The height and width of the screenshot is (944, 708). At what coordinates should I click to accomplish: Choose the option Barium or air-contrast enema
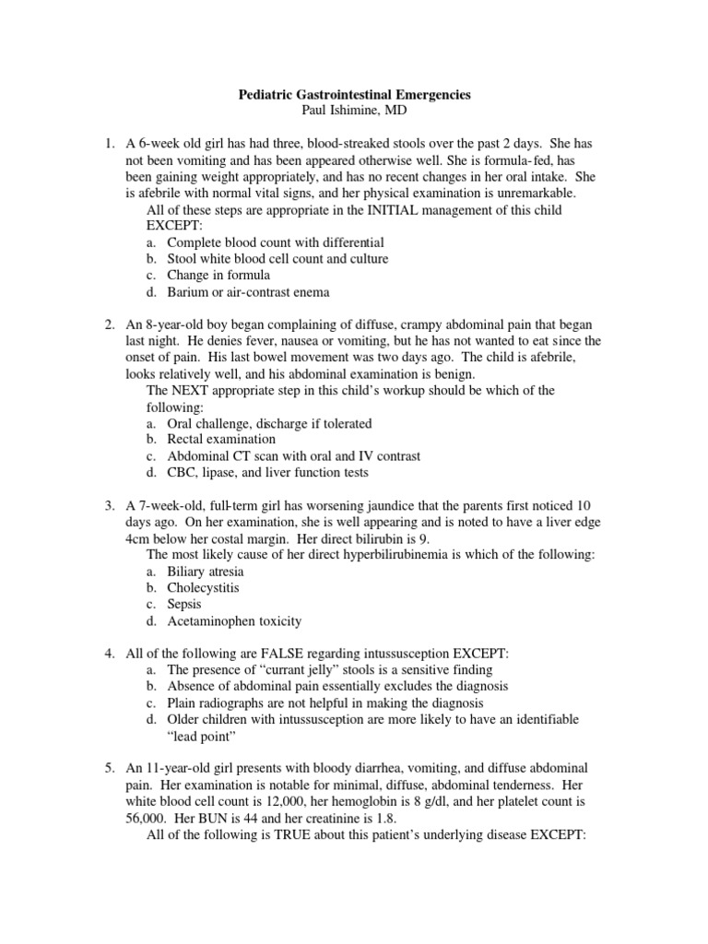click(x=248, y=292)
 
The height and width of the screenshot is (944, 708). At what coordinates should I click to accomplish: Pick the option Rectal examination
click(x=221, y=440)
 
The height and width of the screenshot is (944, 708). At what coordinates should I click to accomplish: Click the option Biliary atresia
click(x=205, y=572)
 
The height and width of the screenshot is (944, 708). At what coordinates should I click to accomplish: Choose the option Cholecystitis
click(x=203, y=588)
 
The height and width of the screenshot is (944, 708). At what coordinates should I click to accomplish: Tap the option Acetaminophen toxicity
click(x=234, y=621)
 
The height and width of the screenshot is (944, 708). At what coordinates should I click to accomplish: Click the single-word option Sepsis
click(x=184, y=605)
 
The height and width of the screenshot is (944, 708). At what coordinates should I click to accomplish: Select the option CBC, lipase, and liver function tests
click(x=267, y=473)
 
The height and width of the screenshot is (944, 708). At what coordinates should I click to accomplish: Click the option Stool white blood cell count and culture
click(x=277, y=259)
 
